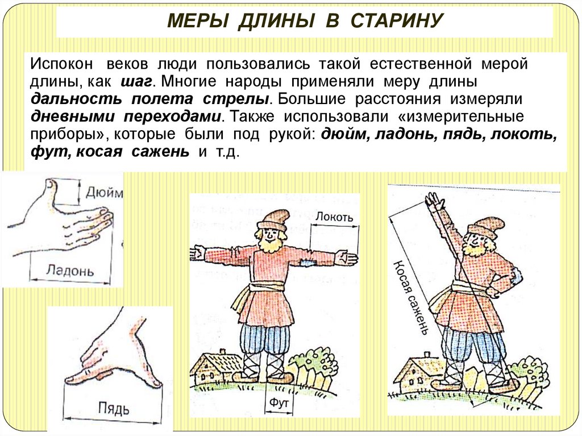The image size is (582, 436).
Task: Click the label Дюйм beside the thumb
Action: (x=104, y=193)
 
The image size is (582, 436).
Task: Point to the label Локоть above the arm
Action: (x=335, y=217)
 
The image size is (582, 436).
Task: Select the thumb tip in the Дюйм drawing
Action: (x=50, y=184)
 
